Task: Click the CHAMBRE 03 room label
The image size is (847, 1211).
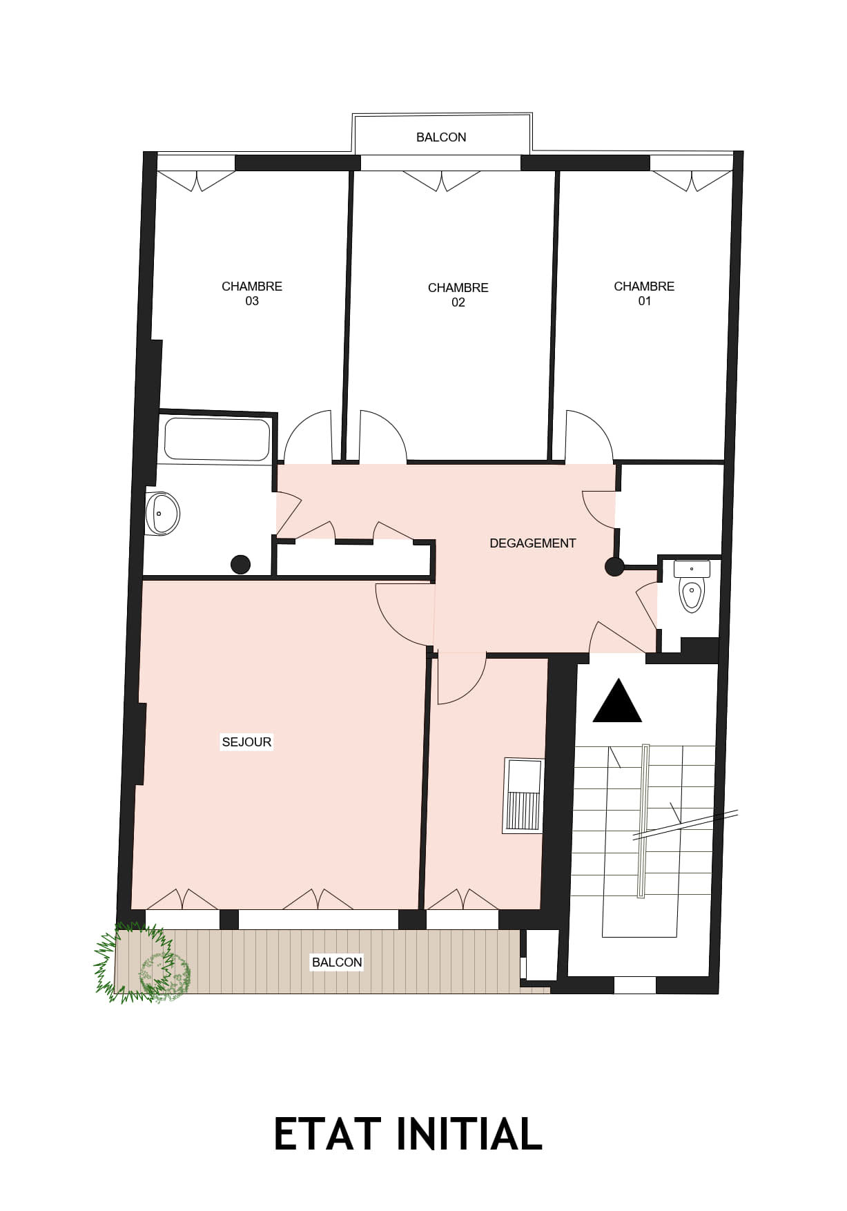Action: (x=252, y=293)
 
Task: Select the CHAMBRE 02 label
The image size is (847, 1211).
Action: (x=458, y=295)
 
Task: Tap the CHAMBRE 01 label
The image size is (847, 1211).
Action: (x=644, y=293)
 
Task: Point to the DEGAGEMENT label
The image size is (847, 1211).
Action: (x=532, y=543)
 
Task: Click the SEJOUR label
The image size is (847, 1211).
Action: (x=246, y=742)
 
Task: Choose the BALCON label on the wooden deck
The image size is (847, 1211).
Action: (x=337, y=962)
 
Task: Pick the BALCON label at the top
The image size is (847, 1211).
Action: (x=441, y=137)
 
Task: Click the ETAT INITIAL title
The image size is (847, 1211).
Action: (x=408, y=1134)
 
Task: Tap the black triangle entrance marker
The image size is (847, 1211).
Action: (x=617, y=701)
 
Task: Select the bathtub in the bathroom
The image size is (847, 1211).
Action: (x=217, y=439)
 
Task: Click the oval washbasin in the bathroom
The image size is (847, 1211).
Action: (x=163, y=513)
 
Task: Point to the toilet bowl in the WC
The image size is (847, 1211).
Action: (x=692, y=595)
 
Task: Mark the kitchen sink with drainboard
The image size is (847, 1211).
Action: (x=523, y=795)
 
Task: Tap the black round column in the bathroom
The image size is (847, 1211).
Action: (x=240, y=564)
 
